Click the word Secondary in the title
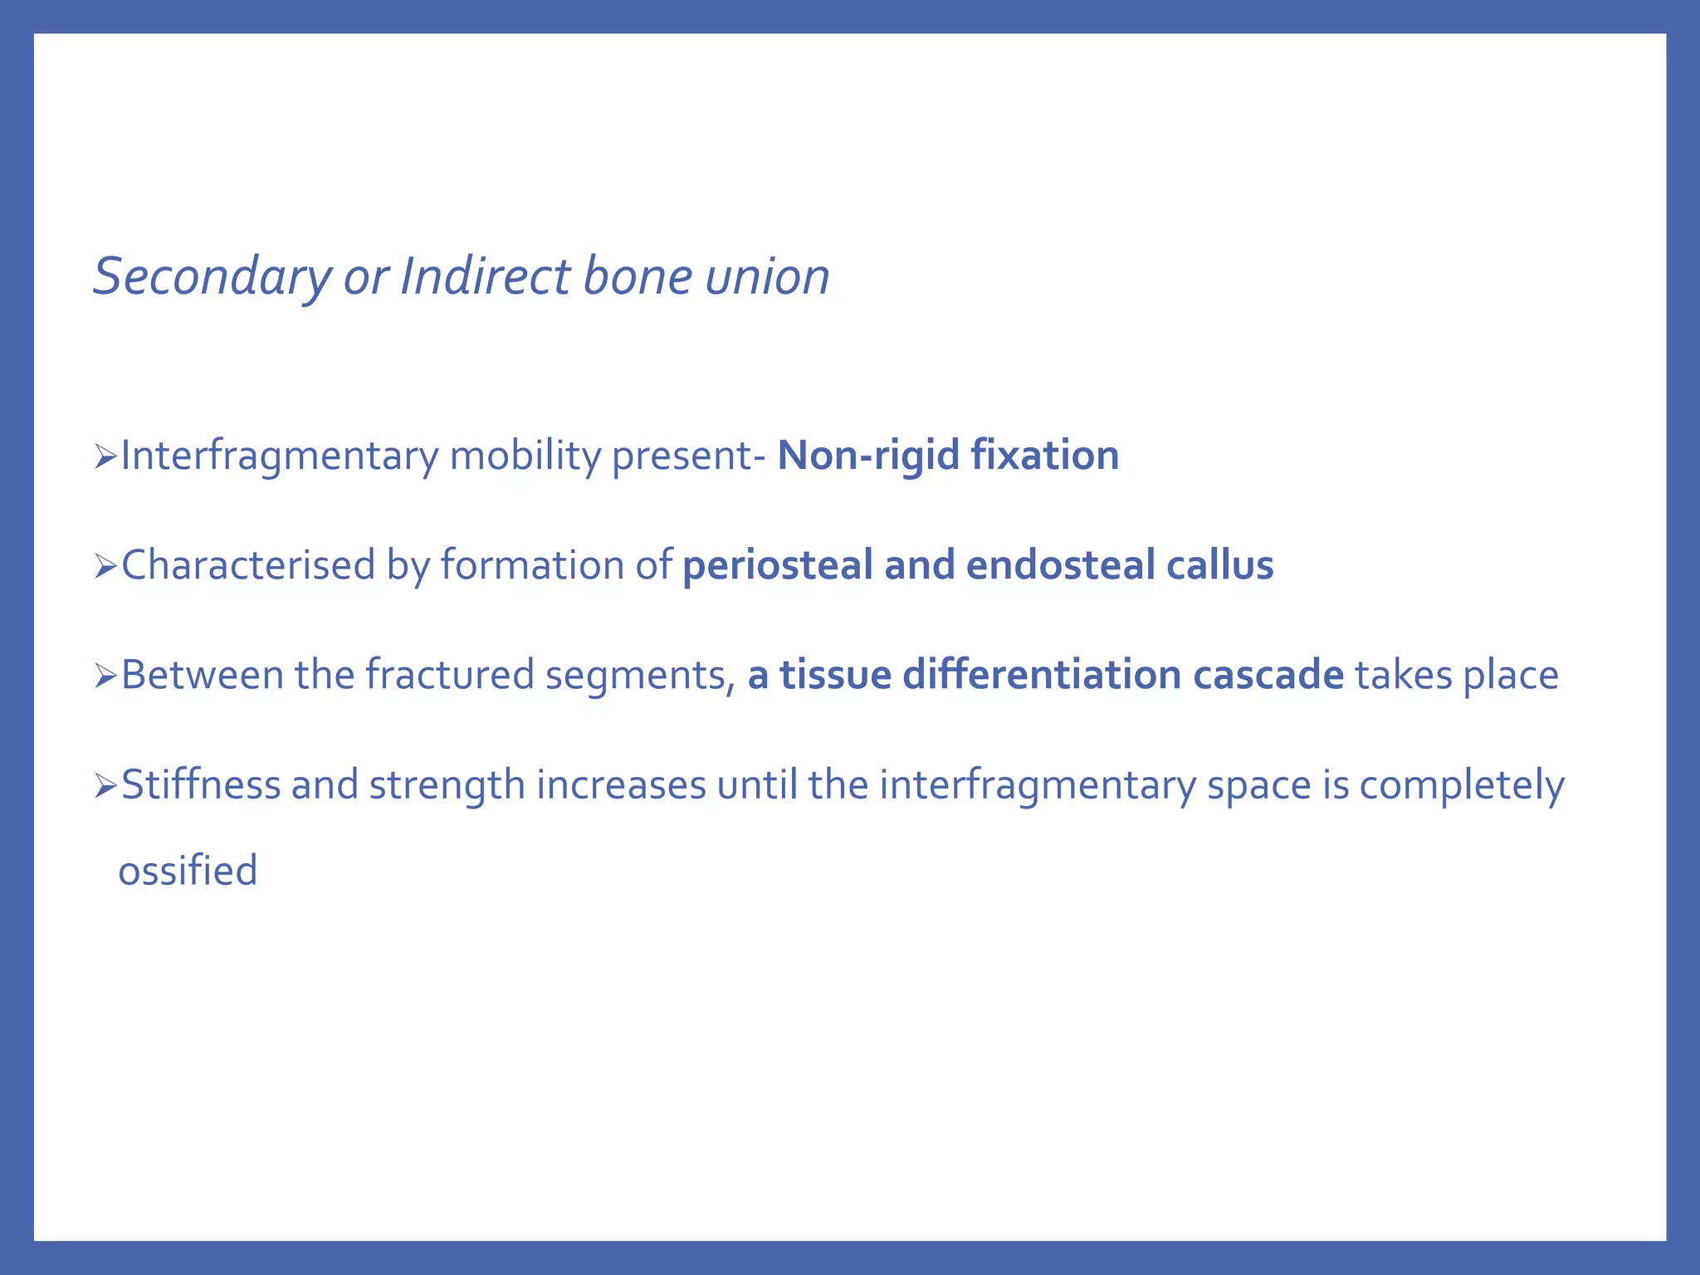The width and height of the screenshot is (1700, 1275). click(x=212, y=276)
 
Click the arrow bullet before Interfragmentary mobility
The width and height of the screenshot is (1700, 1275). click(x=105, y=457)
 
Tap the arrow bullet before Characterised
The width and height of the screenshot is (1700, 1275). click(x=105, y=567)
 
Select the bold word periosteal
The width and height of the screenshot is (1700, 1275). click(x=777, y=566)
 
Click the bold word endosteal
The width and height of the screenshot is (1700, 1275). click(x=1059, y=566)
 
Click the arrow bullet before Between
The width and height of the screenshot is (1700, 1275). click(x=105, y=677)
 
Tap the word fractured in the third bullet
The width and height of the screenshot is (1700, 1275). click(x=449, y=676)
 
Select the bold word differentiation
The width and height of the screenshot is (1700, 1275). click(x=1041, y=676)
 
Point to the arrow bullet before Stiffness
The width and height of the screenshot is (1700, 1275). click(x=105, y=786)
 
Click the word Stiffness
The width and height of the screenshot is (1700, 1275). click(x=200, y=785)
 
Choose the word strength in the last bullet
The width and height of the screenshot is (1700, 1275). click(x=447, y=785)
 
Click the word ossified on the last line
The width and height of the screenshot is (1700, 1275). click(x=188, y=872)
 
